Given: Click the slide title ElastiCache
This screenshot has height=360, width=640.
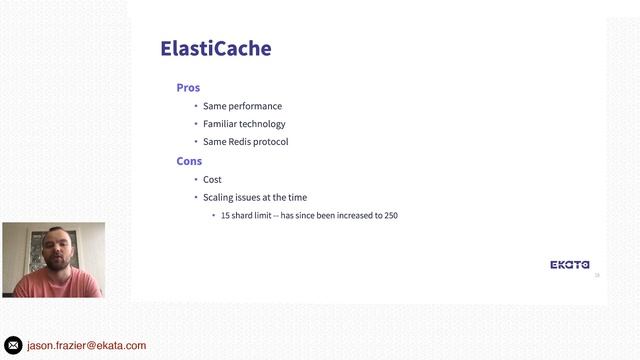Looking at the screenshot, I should [x=216, y=48].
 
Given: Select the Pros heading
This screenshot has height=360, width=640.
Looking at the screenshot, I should [x=188, y=88].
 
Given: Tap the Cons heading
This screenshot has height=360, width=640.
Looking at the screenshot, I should [x=189, y=161].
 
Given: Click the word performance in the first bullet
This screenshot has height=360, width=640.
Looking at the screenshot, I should [x=255, y=106].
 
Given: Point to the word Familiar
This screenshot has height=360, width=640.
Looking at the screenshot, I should [x=219, y=124].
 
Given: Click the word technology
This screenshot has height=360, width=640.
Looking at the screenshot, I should [x=262, y=124].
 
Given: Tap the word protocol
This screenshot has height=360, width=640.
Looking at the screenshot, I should [x=271, y=142].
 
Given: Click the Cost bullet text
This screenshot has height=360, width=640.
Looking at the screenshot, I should [x=212, y=180].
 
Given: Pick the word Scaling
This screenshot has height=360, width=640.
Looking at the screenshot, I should [x=219, y=198].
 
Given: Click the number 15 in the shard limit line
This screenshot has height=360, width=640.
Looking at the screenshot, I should [x=225, y=216].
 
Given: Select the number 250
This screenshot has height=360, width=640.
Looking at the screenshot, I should [x=391, y=216].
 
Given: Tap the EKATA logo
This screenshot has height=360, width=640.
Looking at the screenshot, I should [x=570, y=265].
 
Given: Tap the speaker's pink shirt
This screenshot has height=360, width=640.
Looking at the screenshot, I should [x=55, y=286].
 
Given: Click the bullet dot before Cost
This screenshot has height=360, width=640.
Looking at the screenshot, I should [x=196, y=180].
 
